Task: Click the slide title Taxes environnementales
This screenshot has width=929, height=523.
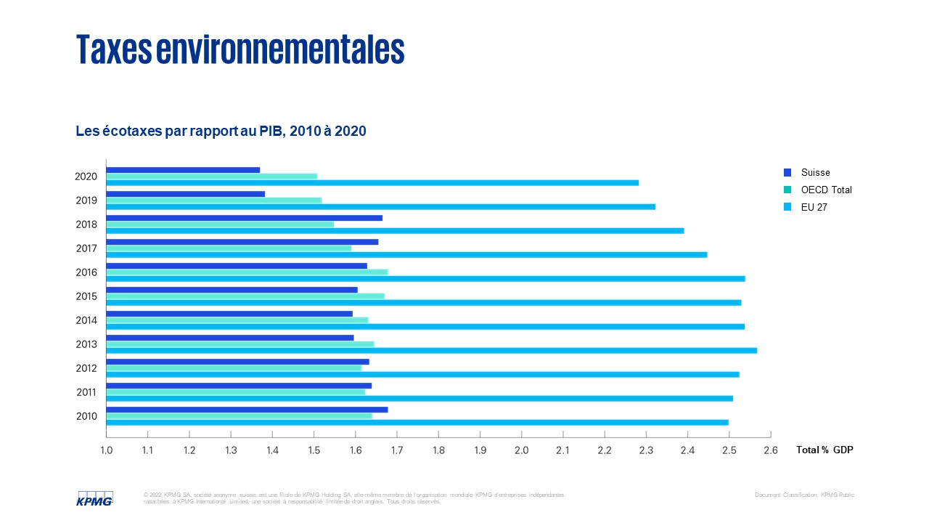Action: pos(240,49)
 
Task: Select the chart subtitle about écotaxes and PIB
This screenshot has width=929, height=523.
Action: pos(221,131)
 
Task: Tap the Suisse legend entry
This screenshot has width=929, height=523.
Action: pos(815,173)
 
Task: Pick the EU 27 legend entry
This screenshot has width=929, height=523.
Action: pos(814,208)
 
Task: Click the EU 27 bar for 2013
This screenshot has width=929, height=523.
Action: pos(431,351)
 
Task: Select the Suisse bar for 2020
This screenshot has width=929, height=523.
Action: pos(183,170)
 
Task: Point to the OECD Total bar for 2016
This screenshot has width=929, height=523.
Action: pos(247,272)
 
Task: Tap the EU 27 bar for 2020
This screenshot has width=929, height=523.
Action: pos(372,182)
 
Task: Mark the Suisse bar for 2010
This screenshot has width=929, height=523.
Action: pos(247,410)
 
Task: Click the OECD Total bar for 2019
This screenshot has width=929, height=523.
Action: pos(213,200)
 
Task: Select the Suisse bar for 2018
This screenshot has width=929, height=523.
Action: pos(244,218)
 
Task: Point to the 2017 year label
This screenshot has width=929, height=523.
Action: pos(86,248)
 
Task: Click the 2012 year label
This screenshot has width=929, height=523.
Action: pos(86,368)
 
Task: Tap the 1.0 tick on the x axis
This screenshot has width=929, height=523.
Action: pos(106,450)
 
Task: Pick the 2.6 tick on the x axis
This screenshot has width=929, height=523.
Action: pos(771,450)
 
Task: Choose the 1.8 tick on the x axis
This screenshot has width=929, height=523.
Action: pos(438,450)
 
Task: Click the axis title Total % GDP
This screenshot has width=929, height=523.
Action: pos(824,450)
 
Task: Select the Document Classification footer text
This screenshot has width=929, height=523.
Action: pos(804,495)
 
